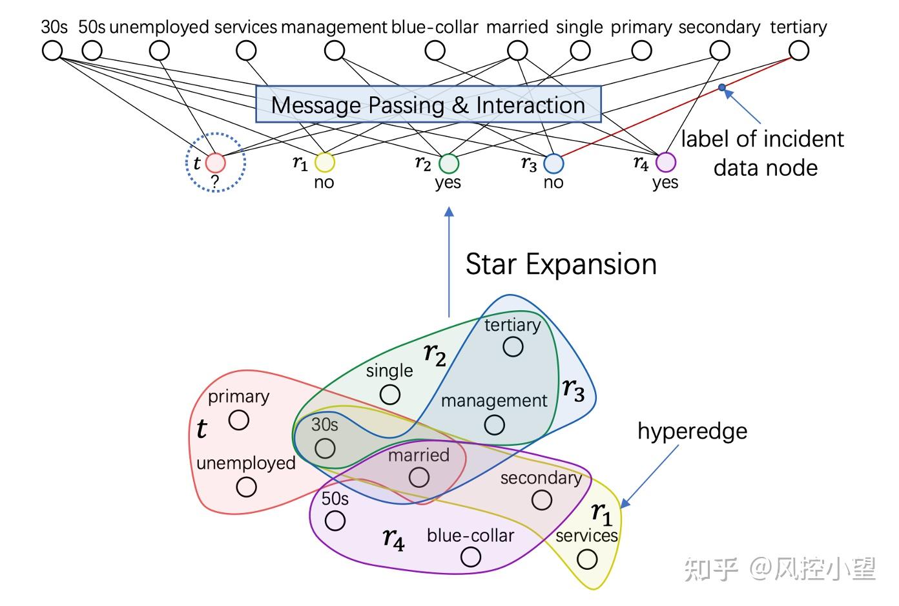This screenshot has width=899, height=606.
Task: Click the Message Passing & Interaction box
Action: coord(428,105)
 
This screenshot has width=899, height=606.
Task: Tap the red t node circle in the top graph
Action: coord(215,163)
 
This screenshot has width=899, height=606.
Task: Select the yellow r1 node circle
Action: coord(324,162)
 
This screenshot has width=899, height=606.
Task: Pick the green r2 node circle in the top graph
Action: coord(448,163)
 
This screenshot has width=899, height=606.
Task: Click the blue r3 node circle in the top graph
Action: coord(553,163)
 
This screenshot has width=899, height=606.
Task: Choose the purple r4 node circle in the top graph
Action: coord(665,162)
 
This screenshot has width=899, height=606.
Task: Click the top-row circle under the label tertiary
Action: coord(799,50)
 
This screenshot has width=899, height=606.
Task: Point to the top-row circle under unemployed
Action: coord(159,50)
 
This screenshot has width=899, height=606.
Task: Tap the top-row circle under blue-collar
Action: coord(435,50)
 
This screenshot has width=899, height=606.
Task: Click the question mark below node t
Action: coord(215,182)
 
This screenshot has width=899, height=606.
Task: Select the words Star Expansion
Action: coord(561,264)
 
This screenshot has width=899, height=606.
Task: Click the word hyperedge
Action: coord(692,431)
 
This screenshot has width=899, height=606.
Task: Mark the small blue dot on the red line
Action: coord(722,87)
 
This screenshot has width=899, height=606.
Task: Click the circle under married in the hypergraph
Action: coord(419,477)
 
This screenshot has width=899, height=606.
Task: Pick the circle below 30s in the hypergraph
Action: coord(325,448)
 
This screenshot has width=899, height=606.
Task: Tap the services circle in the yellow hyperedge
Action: coord(587,559)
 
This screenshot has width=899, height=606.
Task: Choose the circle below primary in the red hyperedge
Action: coord(239,420)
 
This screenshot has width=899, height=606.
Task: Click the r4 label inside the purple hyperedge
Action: coord(394,538)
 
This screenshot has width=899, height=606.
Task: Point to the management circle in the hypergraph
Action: coord(495,424)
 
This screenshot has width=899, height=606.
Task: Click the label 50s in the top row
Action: coord(92,27)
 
